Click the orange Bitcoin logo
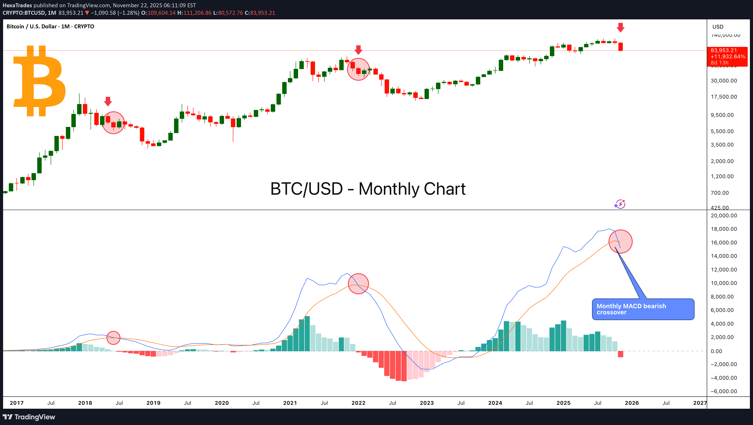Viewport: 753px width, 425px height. coord(39,81)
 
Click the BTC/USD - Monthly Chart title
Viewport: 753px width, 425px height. coord(368,189)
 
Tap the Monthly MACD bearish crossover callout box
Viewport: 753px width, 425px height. coord(643,309)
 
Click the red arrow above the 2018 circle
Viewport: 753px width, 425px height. coord(108,101)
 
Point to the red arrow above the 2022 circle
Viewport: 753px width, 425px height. coord(358,50)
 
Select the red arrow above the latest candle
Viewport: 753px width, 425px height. coord(620,27)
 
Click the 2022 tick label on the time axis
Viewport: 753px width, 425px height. coord(358,403)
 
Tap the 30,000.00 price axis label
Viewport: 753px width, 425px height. coord(724,81)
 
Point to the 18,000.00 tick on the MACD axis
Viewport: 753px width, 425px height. coord(724,229)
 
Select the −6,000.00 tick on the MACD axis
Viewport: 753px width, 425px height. coord(724,391)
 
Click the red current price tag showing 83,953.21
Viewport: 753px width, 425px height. coord(727,56)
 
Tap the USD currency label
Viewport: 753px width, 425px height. coord(718,27)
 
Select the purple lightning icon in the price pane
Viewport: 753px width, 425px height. coord(620,204)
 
